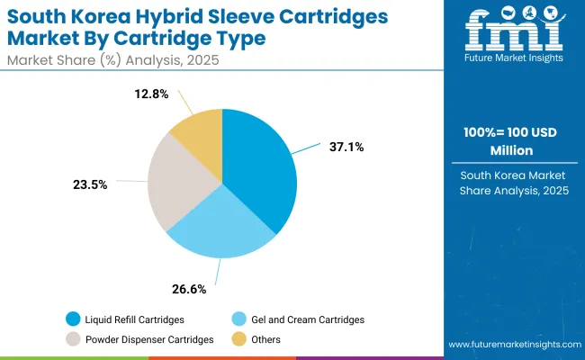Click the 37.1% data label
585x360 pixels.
(346, 147)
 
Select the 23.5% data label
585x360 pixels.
(90, 184)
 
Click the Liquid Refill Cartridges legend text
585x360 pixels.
(136, 319)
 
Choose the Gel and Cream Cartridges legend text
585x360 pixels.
(311, 319)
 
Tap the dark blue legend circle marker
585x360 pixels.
(72, 319)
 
